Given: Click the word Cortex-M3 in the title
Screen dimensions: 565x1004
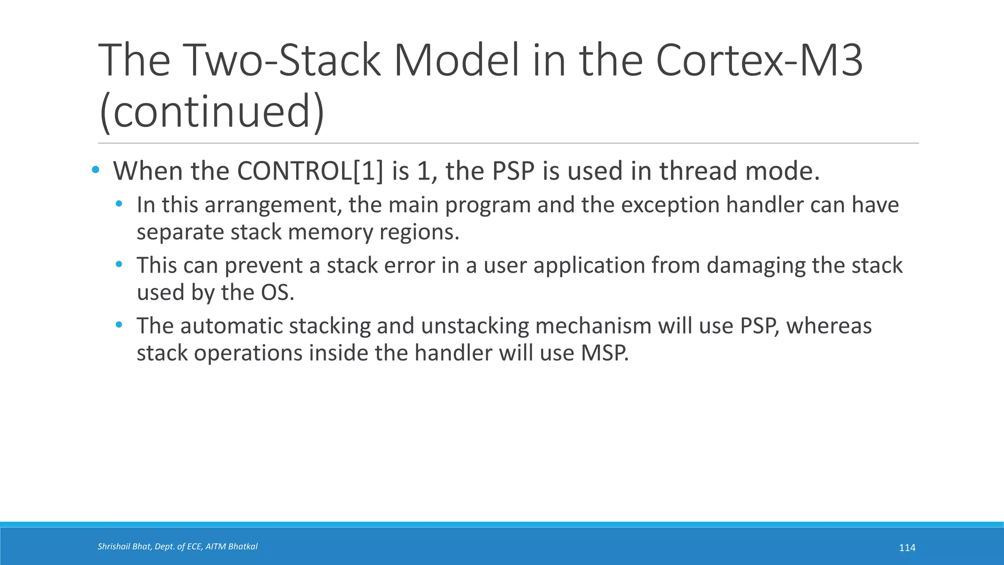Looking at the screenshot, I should pyautogui.click(x=758, y=60).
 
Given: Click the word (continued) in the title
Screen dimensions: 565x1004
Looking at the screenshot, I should pyautogui.click(x=211, y=111).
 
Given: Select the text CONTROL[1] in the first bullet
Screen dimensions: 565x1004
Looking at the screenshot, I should pyautogui.click(x=310, y=171).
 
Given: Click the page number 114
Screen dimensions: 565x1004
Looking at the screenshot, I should pyautogui.click(x=907, y=548).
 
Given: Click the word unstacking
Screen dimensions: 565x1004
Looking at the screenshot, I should pyautogui.click(x=475, y=326).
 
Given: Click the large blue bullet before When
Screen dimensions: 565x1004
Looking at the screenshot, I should pyautogui.click(x=96, y=170).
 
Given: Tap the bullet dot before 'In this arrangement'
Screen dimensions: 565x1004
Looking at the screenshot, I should pyautogui.click(x=119, y=204).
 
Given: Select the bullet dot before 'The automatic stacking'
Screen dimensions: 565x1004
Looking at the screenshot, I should pyautogui.click(x=119, y=325).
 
